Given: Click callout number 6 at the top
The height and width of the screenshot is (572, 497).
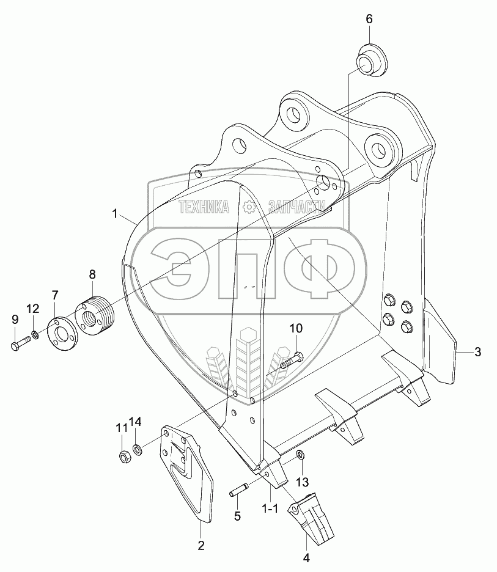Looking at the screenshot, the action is point(369,19).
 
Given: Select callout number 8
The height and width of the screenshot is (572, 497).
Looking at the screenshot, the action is point(92,273).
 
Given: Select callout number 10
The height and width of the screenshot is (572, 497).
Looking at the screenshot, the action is point(295,329).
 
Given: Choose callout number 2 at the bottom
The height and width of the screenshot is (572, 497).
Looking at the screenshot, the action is point(200,545).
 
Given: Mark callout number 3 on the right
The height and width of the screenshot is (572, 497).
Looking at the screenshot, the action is point(477,351).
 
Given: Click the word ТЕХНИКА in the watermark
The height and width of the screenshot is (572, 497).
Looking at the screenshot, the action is point(204,208).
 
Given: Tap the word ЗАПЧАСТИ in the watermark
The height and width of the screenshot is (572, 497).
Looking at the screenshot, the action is point(293,208).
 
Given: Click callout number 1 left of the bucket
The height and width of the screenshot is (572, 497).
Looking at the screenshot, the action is point(114,213).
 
